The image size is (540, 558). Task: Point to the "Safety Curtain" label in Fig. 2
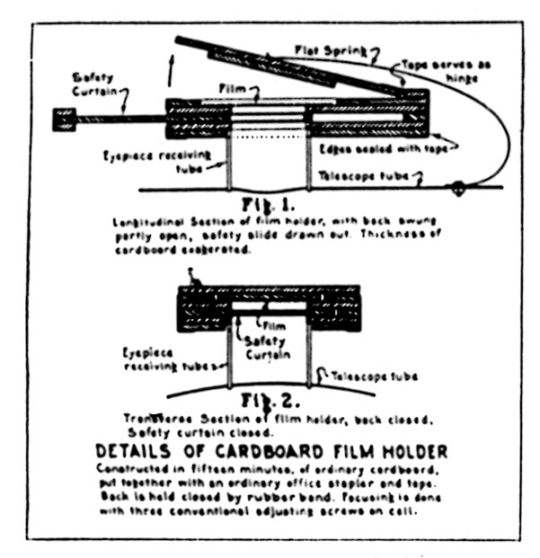[265, 347]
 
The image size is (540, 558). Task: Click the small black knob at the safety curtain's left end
[64, 119]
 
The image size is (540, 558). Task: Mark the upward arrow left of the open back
[170, 70]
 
